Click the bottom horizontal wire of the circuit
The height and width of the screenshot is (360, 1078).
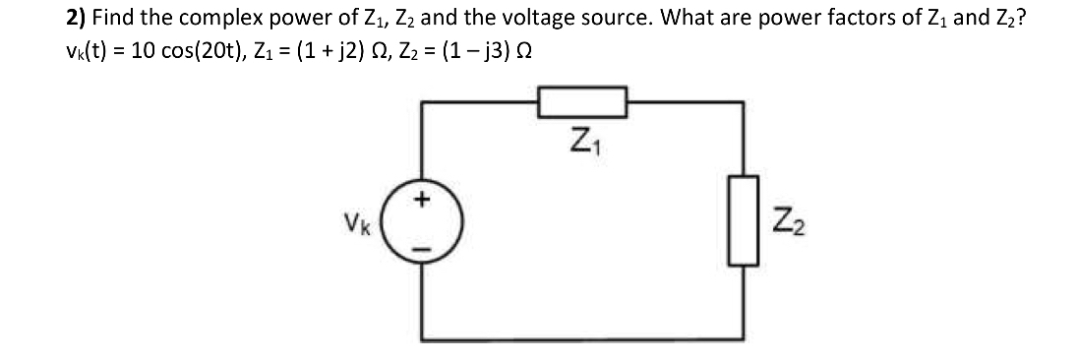coord(583,341)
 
